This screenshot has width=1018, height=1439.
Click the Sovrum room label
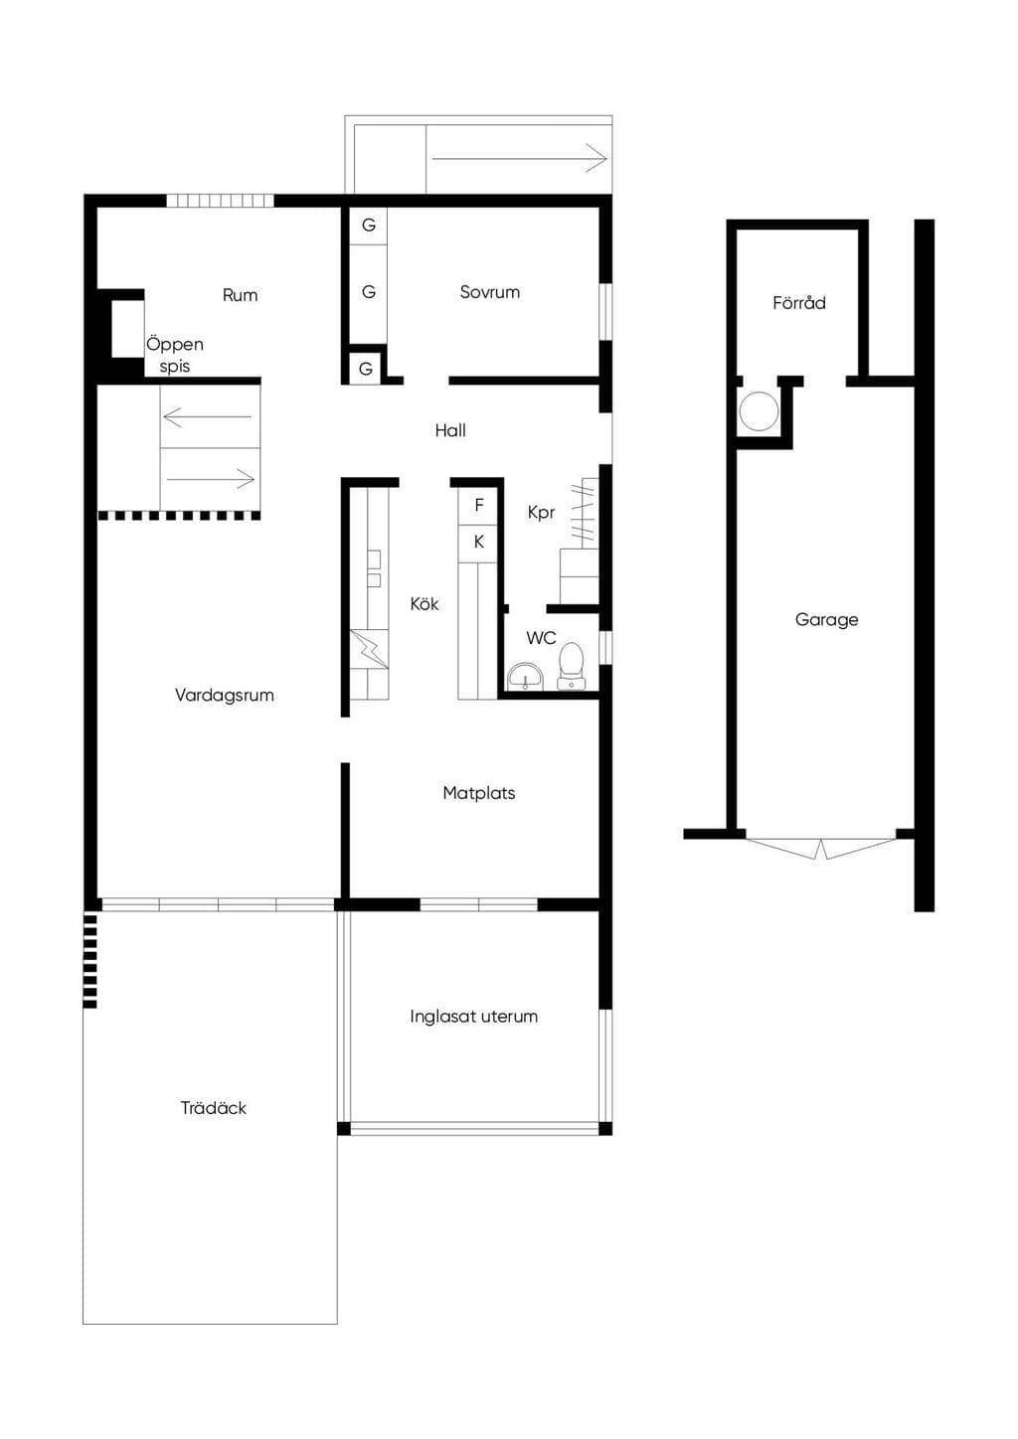tap(490, 292)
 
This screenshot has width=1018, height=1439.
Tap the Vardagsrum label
tap(225, 695)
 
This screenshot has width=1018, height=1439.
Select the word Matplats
tap(479, 793)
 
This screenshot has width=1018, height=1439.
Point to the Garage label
tap(826, 620)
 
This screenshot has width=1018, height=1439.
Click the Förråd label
tap(799, 302)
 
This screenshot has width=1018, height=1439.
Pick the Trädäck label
tap(214, 1108)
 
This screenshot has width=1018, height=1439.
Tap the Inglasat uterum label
tap(473, 1017)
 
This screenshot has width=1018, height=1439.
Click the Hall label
tap(450, 430)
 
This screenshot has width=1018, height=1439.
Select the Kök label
tap(424, 604)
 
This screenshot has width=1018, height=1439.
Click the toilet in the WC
tap(570, 667)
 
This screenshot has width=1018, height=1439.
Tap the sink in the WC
tap(525, 677)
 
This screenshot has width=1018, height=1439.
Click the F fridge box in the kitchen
tap(478, 507)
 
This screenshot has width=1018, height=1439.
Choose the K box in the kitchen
tap(478, 544)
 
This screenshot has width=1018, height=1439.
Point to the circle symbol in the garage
tap(759, 411)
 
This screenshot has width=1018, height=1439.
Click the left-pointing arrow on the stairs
tap(208, 417)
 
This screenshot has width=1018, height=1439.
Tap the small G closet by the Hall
tap(366, 369)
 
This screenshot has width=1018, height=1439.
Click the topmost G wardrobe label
tap(368, 225)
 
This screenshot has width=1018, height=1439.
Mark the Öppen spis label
tap(175, 355)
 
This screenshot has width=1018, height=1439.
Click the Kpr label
tap(541, 513)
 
